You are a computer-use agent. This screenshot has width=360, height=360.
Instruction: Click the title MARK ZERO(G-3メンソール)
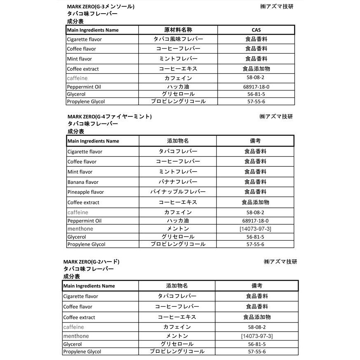pyautogui.click(x=100, y=7)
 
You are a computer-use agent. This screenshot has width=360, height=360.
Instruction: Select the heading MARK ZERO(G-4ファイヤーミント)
pyautogui.click(x=109, y=116)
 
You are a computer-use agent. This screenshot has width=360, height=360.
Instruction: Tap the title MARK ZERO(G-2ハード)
pyautogui.click(x=91, y=262)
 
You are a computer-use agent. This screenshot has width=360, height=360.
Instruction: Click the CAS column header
pyautogui.click(x=256, y=30)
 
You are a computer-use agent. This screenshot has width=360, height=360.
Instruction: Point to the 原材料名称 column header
pyautogui.click(x=178, y=30)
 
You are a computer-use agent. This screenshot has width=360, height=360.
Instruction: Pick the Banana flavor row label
pyautogui.click(x=83, y=182)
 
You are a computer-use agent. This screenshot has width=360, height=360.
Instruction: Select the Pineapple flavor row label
pyautogui.click(x=86, y=192)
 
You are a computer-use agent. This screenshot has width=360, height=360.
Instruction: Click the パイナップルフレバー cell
pyautogui.click(x=178, y=192)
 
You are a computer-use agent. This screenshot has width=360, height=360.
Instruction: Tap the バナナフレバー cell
pyautogui.click(x=178, y=182)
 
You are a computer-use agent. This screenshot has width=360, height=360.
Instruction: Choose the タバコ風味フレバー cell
pyautogui.click(x=178, y=39)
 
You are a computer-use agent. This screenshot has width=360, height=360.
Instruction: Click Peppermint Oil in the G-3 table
pyautogui.click(x=84, y=87)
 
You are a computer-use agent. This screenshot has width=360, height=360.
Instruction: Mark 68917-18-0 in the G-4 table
pyautogui.click(x=255, y=221)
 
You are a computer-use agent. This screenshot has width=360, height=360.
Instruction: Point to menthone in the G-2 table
pyautogui.click(x=76, y=336)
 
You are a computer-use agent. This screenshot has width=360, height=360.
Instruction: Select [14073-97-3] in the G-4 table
pyautogui.click(x=255, y=229)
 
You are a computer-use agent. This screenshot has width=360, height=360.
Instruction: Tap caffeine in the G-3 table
pyautogui.click(x=77, y=78)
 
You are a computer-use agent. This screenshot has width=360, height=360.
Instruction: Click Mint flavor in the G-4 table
pyautogui.click(x=80, y=172)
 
